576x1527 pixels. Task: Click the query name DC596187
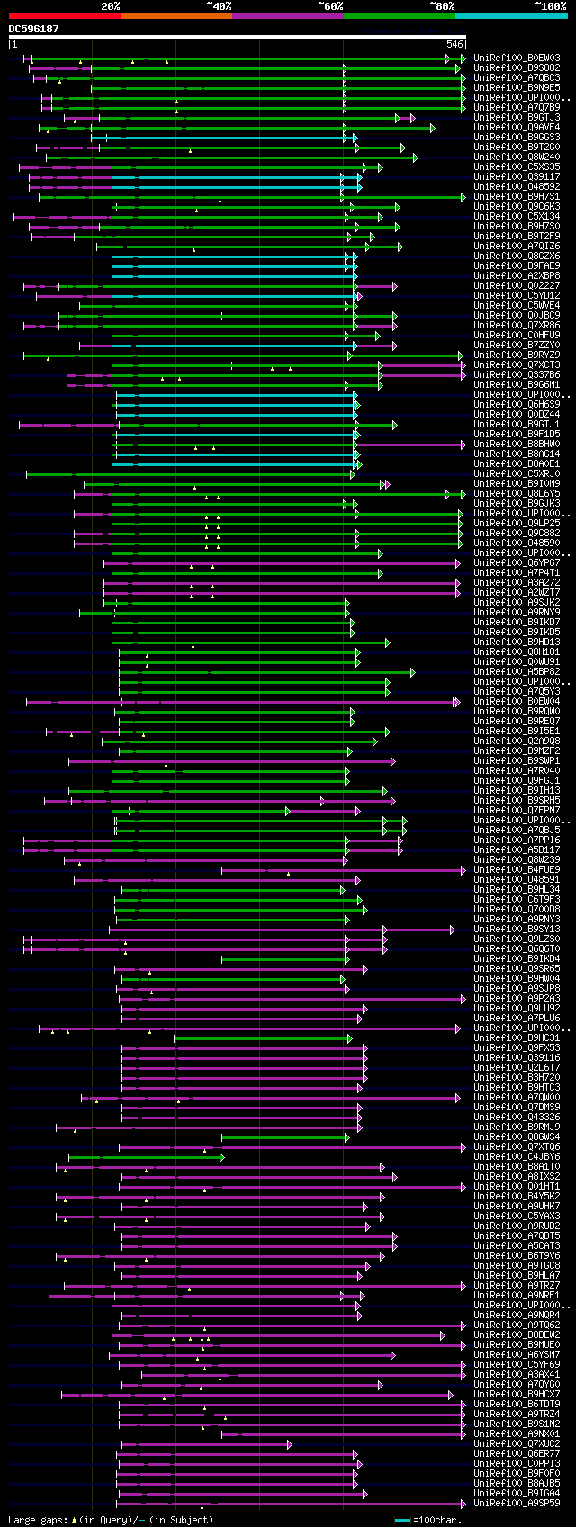(x=34, y=29)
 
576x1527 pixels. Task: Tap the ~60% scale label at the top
(x=330, y=6)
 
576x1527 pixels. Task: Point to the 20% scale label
(x=111, y=6)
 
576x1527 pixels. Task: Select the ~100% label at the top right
(x=550, y=6)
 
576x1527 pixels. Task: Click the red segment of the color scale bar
(x=64, y=15)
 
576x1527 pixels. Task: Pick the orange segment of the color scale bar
(x=175, y=15)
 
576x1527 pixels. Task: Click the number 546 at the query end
(x=454, y=44)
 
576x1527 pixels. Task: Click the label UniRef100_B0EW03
(x=517, y=58)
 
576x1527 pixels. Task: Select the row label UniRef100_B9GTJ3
(x=517, y=118)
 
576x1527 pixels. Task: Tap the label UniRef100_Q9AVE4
(x=517, y=128)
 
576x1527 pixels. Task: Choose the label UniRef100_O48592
(x=517, y=187)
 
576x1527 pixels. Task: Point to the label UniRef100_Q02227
(x=517, y=286)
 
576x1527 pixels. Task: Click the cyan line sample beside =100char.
(x=402, y=1520)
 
